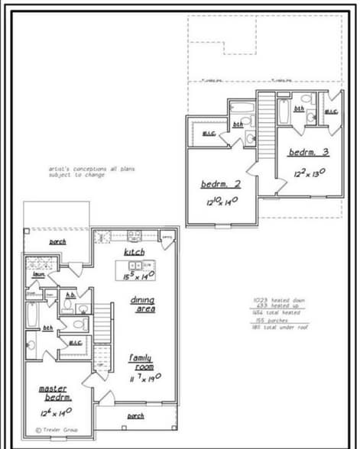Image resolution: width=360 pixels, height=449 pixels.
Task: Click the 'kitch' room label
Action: tap(135, 251)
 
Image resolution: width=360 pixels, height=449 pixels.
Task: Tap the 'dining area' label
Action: tap(143, 304)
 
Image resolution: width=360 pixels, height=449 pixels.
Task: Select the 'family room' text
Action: tap(140, 361)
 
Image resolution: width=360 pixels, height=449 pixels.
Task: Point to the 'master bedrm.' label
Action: tap(55, 392)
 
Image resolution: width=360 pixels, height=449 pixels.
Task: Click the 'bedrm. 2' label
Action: tap(221, 184)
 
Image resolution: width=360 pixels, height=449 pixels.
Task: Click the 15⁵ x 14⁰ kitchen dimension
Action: tap(138, 275)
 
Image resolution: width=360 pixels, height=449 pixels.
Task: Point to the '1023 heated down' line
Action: tap(279, 300)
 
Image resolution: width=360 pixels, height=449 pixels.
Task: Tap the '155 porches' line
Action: tap(271, 320)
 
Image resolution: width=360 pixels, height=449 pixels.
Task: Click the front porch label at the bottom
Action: tap(135, 416)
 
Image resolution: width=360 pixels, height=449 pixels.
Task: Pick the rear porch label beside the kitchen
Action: tap(57, 242)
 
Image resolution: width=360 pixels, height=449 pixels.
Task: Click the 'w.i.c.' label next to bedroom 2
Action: tap(208, 134)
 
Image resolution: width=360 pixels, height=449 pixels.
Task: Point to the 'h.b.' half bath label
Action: tap(70, 294)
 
